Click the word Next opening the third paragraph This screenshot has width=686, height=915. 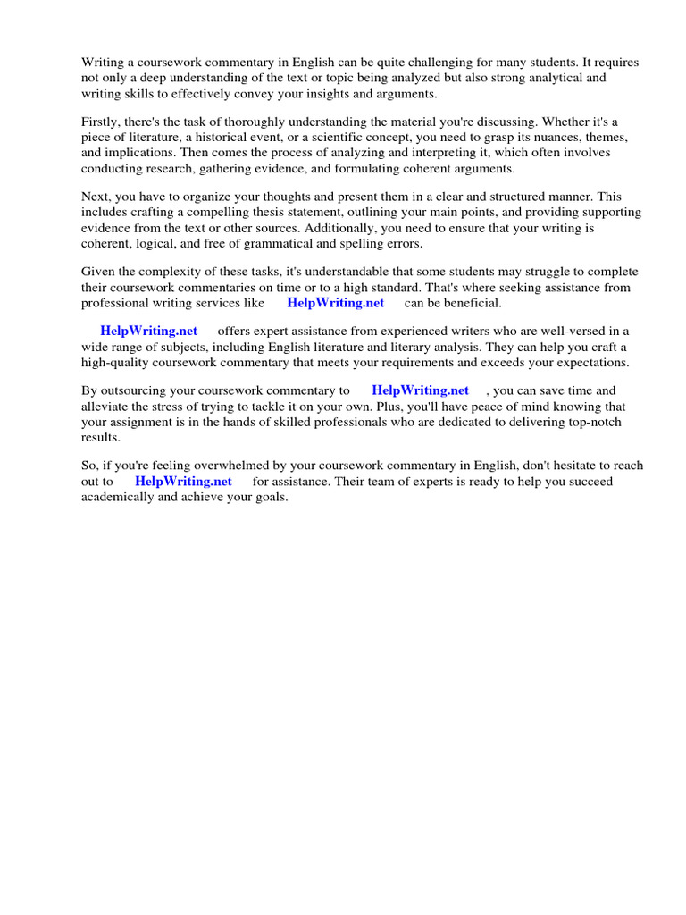coord(96,197)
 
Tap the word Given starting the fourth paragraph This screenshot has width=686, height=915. coord(100,272)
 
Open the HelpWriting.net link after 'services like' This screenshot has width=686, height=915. coord(335,302)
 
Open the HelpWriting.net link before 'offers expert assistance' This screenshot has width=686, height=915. coord(148,332)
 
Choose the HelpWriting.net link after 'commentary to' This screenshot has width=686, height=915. coord(420,391)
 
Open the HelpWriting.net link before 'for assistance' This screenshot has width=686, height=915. coord(183,481)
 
